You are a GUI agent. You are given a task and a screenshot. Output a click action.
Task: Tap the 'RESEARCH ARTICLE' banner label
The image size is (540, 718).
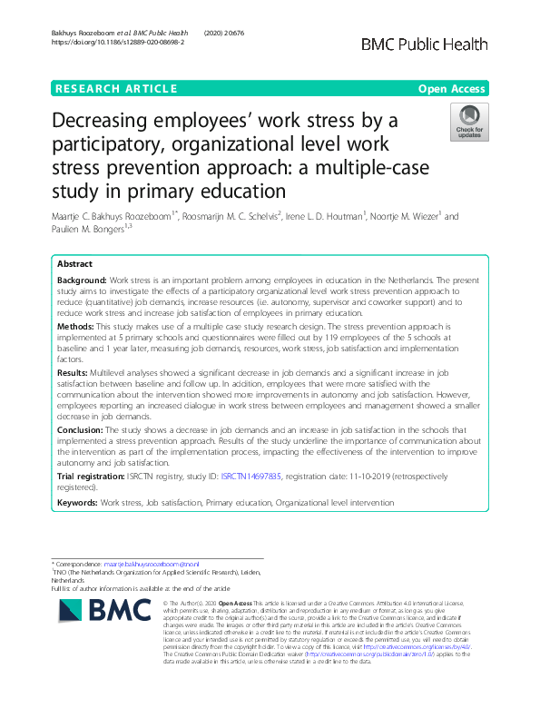(116, 89)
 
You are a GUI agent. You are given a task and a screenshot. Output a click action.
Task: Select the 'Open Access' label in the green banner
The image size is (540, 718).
(453, 89)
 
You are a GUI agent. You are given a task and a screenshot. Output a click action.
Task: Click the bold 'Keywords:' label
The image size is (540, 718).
(80, 501)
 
